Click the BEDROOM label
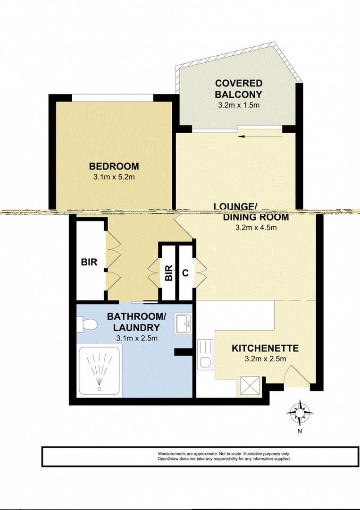click(x=114, y=166)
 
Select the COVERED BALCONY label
click(x=238, y=88)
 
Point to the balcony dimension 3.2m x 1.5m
click(x=238, y=105)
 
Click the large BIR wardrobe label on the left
click(x=89, y=262)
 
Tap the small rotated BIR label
click(x=168, y=272)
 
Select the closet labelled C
click(x=185, y=272)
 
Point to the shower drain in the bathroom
click(x=99, y=389)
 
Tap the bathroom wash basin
click(x=183, y=323)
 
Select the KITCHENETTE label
click(x=265, y=348)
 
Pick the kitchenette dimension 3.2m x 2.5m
click(x=265, y=359)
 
